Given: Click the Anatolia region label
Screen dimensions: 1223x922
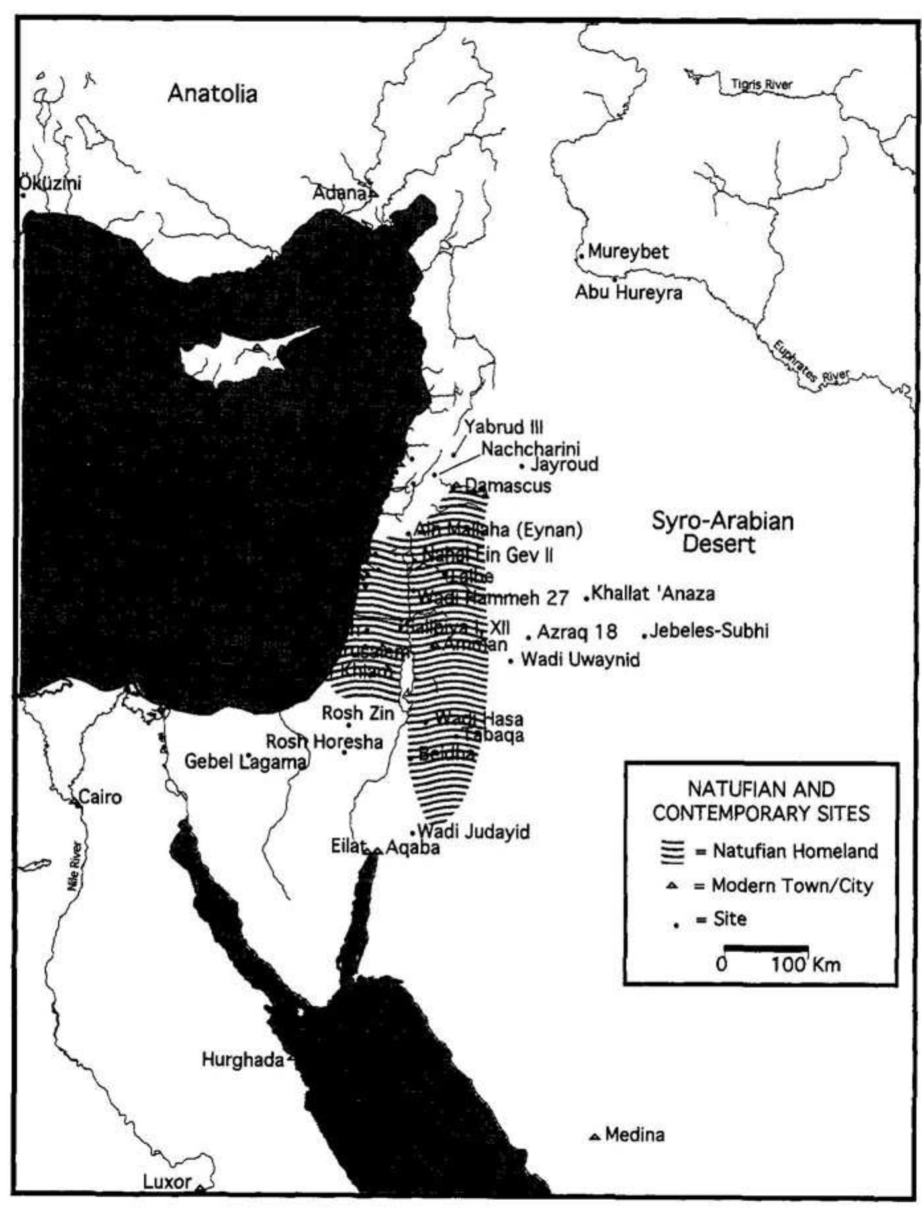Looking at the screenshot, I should [212, 93].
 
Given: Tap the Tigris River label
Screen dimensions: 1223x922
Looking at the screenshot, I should [761, 84].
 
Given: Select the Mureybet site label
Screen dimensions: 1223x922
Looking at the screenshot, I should [627, 252].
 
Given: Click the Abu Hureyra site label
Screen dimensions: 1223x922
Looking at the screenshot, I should [628, 292].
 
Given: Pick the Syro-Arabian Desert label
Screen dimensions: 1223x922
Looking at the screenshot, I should [722, 532].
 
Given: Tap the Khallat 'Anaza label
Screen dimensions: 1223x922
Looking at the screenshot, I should [653, 593].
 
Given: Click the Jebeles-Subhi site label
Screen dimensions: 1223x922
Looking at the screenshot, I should [709, 630].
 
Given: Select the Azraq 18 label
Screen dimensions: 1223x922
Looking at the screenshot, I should [576, 632].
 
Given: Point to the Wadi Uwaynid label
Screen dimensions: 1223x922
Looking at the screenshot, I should [580, 660].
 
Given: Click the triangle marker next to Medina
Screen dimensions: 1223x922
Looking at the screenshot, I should [594, 1137].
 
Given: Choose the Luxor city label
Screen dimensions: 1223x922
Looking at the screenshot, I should [167, 1181].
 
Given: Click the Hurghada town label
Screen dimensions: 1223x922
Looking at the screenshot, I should [242, 1060].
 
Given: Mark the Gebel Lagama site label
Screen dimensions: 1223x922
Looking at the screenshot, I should [245, 761].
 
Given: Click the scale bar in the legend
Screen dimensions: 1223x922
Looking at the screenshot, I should [766, 948].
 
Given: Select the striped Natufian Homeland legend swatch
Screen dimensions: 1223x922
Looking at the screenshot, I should [672, 852].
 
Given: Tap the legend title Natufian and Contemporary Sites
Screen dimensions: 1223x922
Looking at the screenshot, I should [761, 801].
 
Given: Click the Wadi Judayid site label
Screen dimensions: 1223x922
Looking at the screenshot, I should [473, 832].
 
